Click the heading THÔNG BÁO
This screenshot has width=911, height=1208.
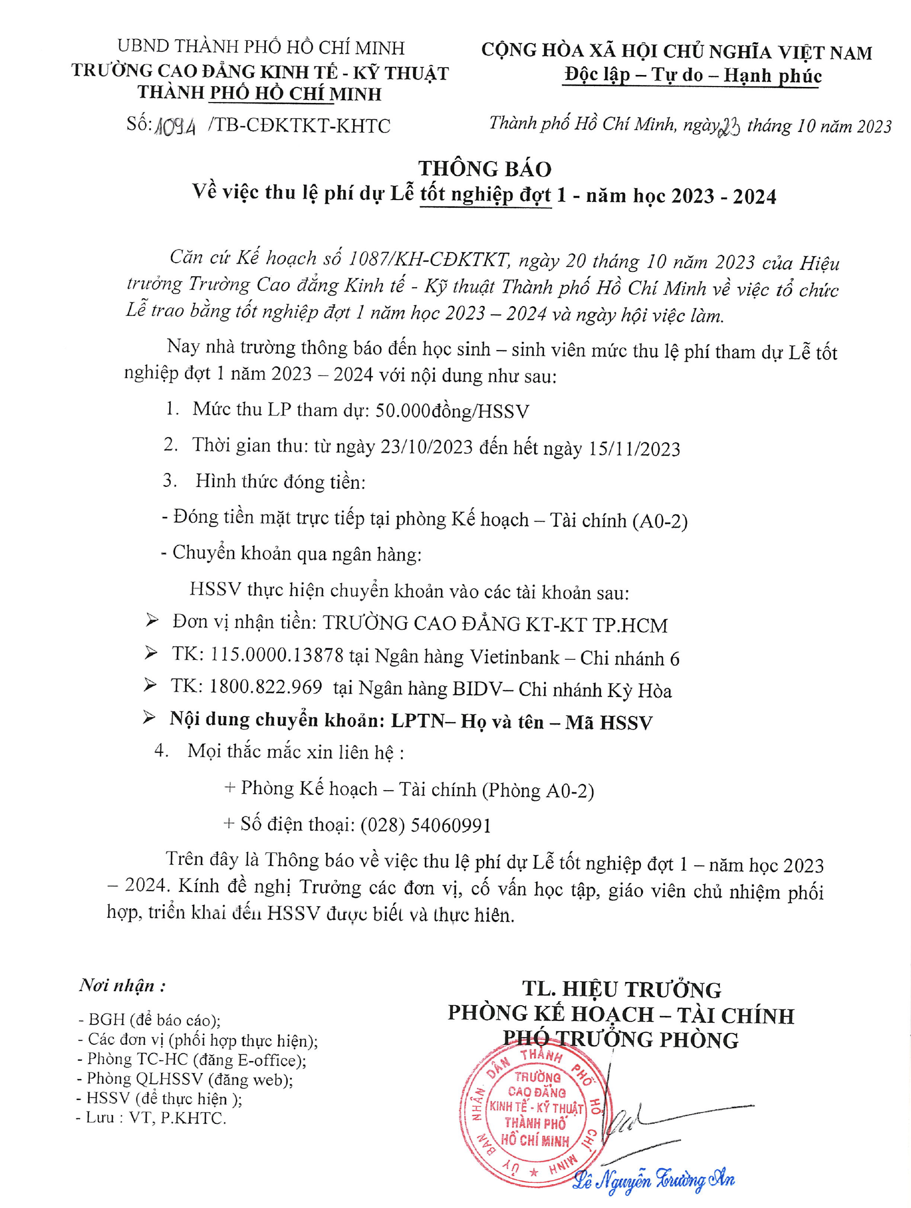tap(485, 169)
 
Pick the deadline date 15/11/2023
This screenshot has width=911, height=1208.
tap(634, 449)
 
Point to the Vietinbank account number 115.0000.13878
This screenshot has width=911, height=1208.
tap(277, 655)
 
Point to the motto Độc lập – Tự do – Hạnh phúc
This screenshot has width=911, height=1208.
tap(693, 75)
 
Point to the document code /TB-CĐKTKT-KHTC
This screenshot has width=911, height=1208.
tap(299, 126)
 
